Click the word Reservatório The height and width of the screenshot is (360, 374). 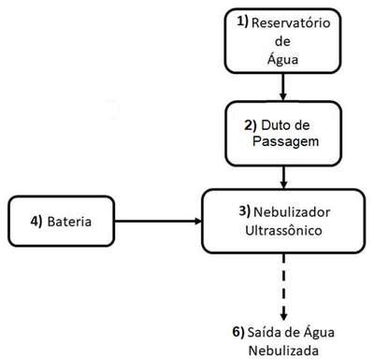291,23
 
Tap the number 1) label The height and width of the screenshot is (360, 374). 243,22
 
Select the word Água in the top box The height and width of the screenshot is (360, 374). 282,59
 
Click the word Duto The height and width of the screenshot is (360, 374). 274,125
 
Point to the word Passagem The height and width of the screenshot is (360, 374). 286,142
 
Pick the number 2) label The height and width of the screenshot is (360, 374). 251,125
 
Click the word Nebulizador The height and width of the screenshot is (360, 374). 292,212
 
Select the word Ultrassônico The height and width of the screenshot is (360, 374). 283,231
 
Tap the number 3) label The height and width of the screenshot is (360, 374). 245,211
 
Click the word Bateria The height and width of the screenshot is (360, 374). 69,222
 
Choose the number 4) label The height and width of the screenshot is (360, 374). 36,222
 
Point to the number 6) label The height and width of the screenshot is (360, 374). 238,332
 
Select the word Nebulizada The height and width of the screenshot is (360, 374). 283,351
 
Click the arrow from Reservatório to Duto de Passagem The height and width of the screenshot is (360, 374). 283,87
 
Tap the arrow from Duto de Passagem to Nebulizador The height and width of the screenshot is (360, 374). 283,177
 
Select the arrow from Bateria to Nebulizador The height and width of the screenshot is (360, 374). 158,222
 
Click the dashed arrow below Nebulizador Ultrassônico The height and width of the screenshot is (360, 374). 283,287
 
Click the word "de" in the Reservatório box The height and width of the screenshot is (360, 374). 282,41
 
